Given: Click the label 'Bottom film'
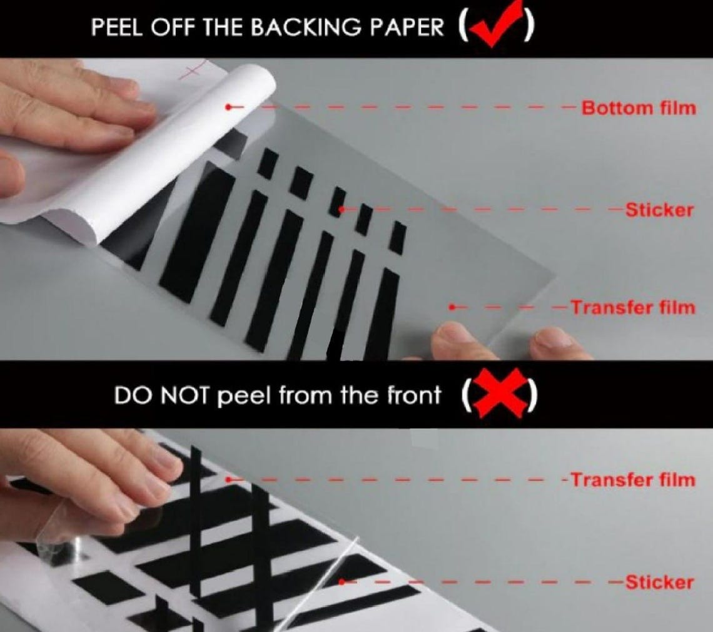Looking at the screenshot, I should (x=638, y=108).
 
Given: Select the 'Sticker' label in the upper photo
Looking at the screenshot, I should (x=659, y=210).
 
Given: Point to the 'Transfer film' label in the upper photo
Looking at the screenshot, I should (x=632, y=307).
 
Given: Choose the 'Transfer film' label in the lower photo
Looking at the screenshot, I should (x=632, y=480).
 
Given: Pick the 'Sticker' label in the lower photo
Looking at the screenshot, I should (x=659, y=583).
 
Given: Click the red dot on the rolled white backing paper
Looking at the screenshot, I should (x=228, y=108).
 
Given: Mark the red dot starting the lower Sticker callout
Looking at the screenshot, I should (x=341, y=583).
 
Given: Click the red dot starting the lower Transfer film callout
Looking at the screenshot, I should (x=229, y=480).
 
